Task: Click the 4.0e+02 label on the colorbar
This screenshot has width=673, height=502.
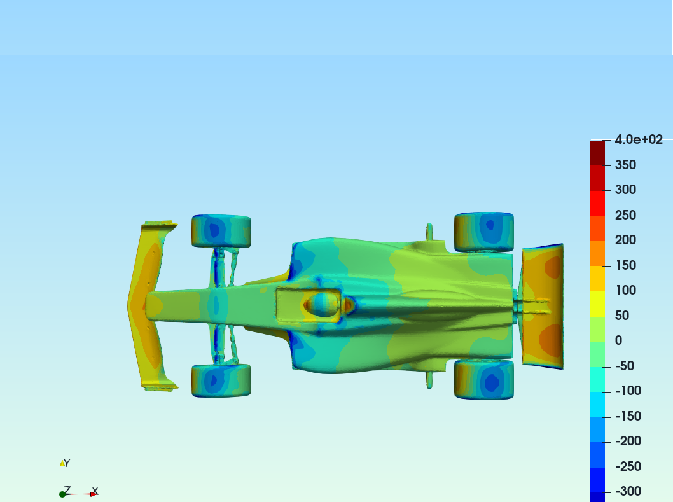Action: (x=639, y=139)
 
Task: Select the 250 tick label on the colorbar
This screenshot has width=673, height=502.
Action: (x=625, y=215)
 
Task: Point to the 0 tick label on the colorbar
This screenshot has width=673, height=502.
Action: (x=618, y=340)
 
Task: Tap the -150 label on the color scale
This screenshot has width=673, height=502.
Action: (x=628, y=416)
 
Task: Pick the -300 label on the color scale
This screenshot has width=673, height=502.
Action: (x=628, y=491)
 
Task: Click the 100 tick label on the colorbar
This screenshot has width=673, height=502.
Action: (x=625, y=290)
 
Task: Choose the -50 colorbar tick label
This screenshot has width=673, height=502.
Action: (x=625, y=366)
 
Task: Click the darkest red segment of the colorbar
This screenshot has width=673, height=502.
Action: (x=597, y=153)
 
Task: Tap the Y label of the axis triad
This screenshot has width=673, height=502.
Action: (x=67, y=463)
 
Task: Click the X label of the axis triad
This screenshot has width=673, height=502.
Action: (x=95, y=491)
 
